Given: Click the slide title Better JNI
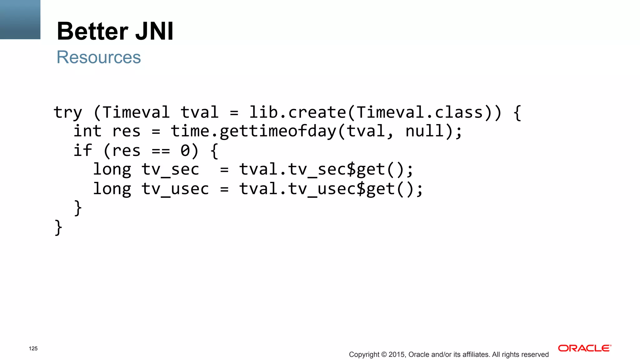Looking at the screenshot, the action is tap(115, 31).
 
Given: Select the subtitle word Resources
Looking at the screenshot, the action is tap(99, 57).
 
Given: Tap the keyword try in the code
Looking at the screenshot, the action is tap(67, 113).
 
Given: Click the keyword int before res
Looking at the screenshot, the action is tap(87, 131).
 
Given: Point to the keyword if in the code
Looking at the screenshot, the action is tap(82, 150).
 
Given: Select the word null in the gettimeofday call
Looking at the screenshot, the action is tap(424, 131).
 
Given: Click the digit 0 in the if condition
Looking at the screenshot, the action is tap(185, 151).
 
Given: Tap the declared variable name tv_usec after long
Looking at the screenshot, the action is tap(175, 189).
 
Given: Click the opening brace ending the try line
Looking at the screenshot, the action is tap(517, 113).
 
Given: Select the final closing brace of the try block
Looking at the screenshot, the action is tap(58, 227).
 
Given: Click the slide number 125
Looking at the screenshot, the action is tap(33, 348).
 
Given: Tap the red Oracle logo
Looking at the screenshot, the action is tap(584, 348).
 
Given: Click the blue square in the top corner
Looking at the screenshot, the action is tap(20, 19).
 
